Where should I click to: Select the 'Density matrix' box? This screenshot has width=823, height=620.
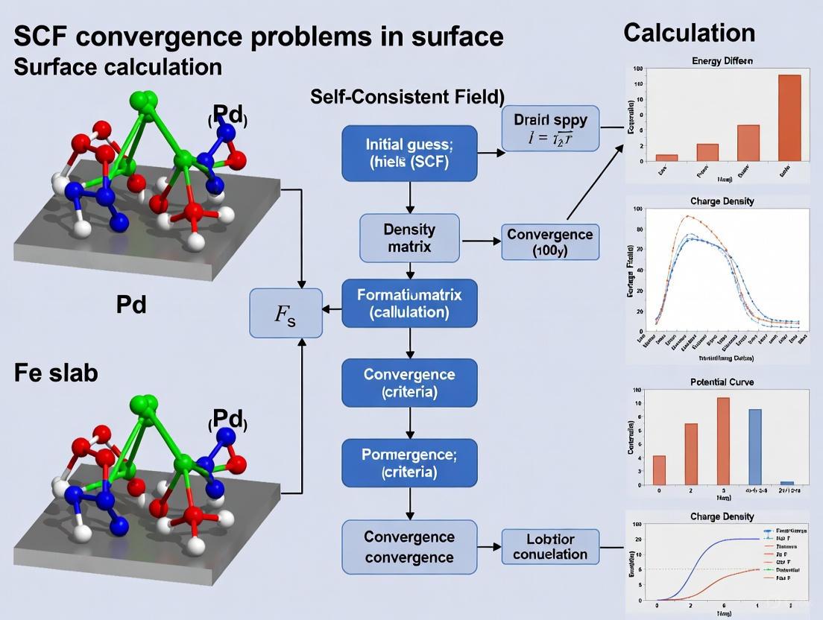click(409, 237)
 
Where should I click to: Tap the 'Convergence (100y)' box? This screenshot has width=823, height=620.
click(550, 242)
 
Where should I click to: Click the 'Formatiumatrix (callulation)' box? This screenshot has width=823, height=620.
click(409, 303)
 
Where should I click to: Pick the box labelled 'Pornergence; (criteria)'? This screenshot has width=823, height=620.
click(409, 463)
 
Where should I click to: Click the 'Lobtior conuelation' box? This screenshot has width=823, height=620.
click(550, 546)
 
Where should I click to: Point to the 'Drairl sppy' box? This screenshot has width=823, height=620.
click(550, 127)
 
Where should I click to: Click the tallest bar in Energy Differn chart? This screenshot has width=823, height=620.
click(789, 118)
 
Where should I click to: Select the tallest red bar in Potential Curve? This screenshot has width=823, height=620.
click(722, 440)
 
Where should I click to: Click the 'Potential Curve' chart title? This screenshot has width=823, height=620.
click(722, 382)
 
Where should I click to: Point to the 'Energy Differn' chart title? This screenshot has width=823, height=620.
click(722, 60)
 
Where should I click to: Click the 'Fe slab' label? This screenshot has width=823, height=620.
click(56, 373)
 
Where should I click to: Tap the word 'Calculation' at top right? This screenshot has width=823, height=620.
click(689, 33)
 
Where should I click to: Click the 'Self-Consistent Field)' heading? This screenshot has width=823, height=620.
click(407, 97)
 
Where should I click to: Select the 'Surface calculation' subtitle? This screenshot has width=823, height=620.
click(118, 66)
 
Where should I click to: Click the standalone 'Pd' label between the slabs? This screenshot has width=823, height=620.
click(130, 304)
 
